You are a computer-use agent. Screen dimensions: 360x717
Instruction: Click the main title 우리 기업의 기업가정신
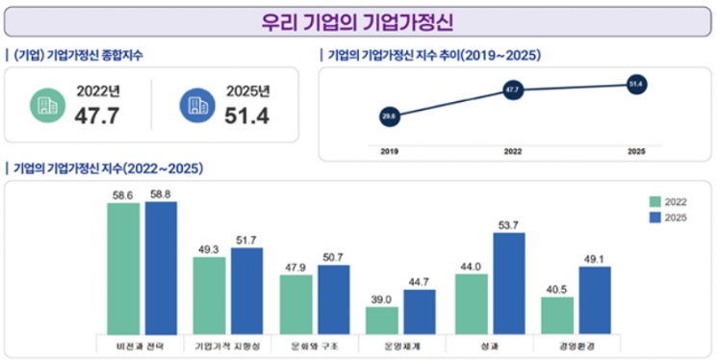point(358,21)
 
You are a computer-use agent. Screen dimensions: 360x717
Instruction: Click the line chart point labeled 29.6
point(389,116)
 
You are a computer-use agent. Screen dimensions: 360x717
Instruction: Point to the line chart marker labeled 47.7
point(512,90)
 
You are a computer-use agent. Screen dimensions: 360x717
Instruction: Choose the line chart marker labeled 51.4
point(635,85)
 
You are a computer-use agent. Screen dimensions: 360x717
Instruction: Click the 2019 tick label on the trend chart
point(389,151)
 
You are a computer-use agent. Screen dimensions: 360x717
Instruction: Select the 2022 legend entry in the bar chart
point(670,201)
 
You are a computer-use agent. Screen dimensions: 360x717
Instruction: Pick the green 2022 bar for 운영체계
point(383,320)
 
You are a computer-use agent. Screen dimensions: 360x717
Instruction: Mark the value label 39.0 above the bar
point(383,299)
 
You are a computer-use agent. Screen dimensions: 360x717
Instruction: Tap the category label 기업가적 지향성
point(227,345)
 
